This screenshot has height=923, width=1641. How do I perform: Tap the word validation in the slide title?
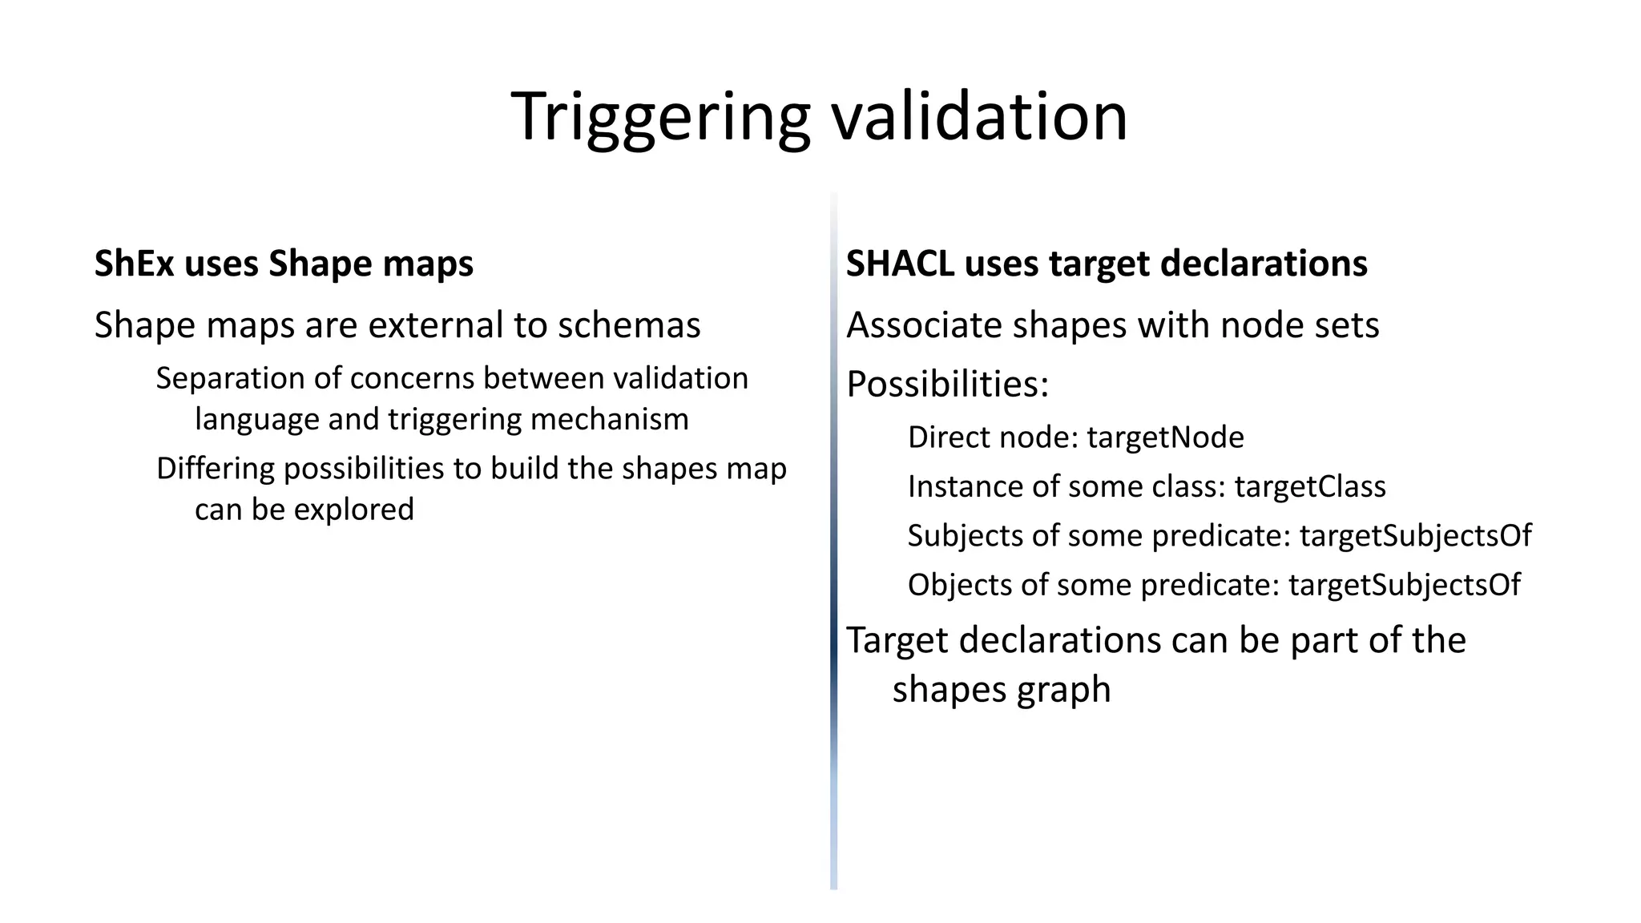(979, 117)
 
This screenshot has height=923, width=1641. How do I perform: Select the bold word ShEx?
(134, 264)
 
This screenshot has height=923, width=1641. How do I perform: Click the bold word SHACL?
(900, 264)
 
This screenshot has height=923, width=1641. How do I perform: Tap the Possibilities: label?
(947, 385)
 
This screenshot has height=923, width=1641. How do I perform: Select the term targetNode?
(1165, 437)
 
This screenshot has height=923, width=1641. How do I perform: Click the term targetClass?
(1309, 486)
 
